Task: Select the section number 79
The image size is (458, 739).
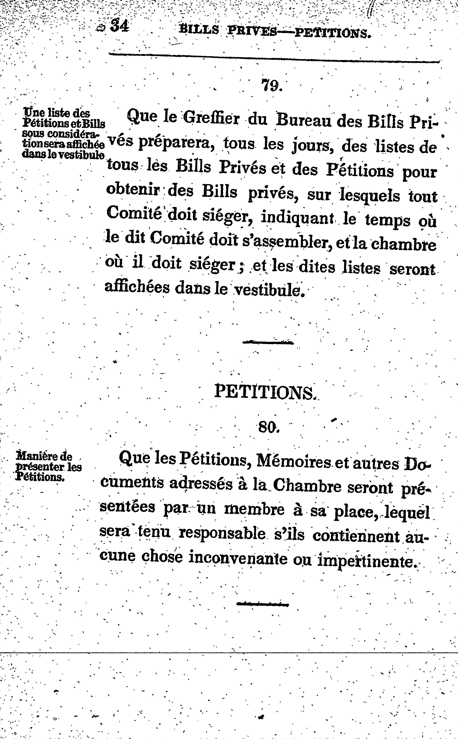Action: (272, 86)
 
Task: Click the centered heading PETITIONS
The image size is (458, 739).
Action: (265, 392)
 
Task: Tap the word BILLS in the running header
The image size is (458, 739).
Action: (199, 30)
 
